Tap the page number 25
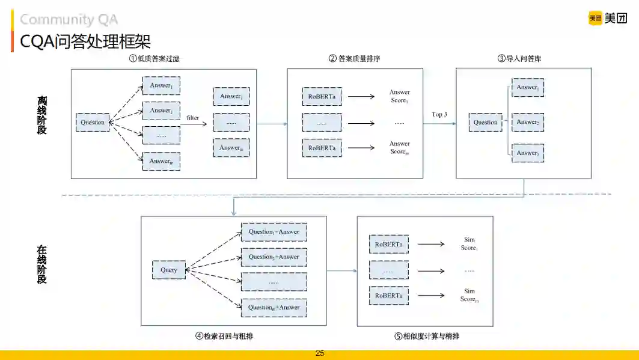[320, 353]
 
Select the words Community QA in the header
[69, 20]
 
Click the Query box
[169, 270]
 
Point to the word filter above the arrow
[192, 118]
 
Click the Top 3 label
[439, 114]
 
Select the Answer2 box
[527, 122]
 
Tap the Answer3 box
[527, 153]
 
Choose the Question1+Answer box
[274, 232]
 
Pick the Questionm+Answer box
[274, 308]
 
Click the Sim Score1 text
[469, 244]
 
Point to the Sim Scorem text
[469, 295]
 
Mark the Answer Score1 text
[399, 96]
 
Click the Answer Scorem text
[399, 148]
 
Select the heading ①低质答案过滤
[154, 58]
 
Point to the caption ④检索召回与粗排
[224, 337]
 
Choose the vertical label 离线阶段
[41, 114]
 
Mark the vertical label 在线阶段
[41, 264]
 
